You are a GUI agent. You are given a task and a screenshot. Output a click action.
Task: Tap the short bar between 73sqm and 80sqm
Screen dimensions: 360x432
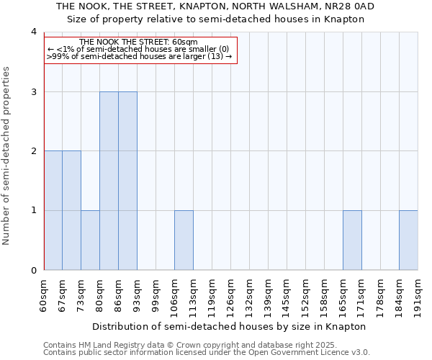pos(91,240)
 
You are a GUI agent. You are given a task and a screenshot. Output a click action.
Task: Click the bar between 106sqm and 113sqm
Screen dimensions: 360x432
pos(184,240)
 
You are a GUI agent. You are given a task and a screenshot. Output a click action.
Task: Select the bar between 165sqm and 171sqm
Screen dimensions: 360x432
pos(353,240)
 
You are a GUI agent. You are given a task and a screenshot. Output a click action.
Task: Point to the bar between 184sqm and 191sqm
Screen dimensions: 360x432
pos(409,240)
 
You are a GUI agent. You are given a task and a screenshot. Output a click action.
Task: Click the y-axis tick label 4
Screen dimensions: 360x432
pos(34,32)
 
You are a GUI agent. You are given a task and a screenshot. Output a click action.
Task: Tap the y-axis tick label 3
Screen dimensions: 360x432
pos(34,91)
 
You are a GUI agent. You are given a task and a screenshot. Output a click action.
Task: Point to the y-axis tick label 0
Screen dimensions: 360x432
pos(34,270)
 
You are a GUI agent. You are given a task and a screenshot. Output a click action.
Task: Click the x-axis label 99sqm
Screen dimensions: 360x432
pos(156,294)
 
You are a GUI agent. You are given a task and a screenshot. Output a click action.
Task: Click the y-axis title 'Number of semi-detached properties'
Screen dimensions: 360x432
pos(7,156)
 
